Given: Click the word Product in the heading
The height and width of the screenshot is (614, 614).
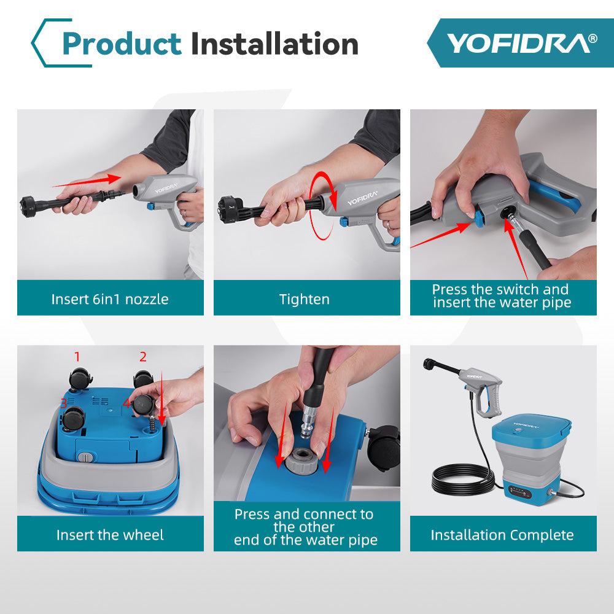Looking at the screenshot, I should point(122,44).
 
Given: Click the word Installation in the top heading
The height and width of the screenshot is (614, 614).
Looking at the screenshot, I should point(274,44).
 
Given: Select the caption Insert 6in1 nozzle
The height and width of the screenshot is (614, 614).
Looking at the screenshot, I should point(110,299).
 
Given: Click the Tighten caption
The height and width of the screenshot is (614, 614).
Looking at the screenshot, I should point(305,299).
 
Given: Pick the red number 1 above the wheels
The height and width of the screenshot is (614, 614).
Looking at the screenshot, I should point(77,356).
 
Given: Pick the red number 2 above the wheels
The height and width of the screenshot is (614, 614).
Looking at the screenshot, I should point(143,356).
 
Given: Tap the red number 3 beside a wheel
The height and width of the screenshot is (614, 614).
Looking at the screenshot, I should point(63,403).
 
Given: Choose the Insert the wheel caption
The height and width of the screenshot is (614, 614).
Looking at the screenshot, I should point(110,535).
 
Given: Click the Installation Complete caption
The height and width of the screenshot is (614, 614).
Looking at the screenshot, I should point(502,535).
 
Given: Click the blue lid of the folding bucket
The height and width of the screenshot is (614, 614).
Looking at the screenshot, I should point(531,428).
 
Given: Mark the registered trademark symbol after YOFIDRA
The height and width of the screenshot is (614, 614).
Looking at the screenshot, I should point(592,38).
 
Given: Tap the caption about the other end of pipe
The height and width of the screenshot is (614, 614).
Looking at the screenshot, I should point(305,527).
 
